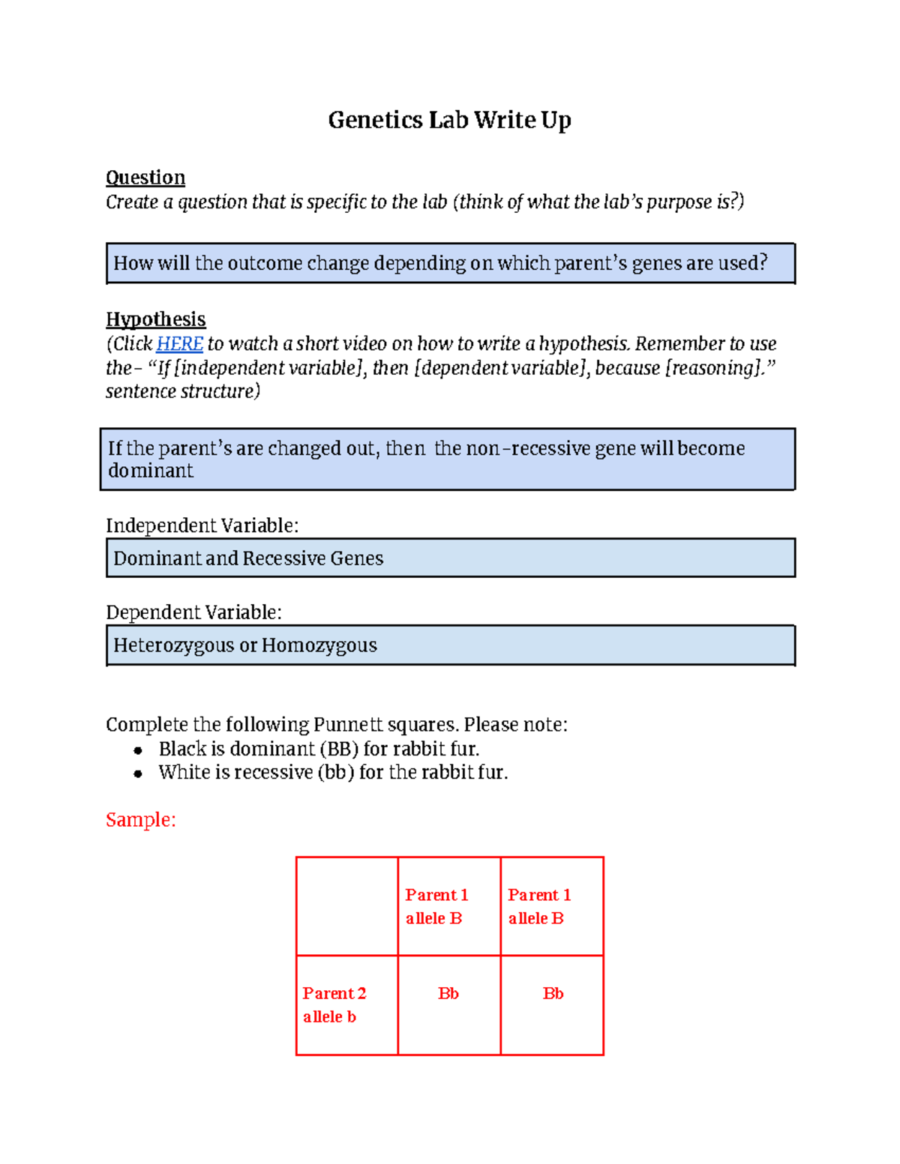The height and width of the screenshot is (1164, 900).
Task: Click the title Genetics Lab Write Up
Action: tap(449, 120)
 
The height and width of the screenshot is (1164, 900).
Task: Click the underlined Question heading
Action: tap(145, 178)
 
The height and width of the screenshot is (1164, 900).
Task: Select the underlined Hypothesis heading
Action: tap(155, 319)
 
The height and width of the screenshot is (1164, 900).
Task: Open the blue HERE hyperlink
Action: tap(179, 344)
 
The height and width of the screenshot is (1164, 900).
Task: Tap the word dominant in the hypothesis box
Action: tap(150, 471)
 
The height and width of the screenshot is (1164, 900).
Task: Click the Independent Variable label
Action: tap(202, 525)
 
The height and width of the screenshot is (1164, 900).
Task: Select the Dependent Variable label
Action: tap(193, 612)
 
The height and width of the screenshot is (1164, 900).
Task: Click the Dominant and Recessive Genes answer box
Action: tap(450, 558)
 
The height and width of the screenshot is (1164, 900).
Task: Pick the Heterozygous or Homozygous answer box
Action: tap(450, 645)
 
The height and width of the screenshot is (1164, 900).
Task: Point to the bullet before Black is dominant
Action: tap(138, 750)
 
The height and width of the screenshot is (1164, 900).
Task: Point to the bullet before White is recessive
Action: tap(138, 774)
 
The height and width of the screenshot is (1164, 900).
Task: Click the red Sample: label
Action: tap(140, 819)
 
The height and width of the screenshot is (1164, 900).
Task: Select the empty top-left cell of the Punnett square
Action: tap(346, 905)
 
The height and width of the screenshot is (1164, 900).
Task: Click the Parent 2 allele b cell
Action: tap(346, 1004)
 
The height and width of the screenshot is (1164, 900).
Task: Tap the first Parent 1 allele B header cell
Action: tap(448, 905)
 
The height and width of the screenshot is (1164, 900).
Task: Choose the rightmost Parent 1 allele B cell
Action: tap(551, 905)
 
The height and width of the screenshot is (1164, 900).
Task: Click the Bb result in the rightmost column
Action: tap(553, 994)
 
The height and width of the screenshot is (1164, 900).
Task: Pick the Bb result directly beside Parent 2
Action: tap(448, 994)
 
